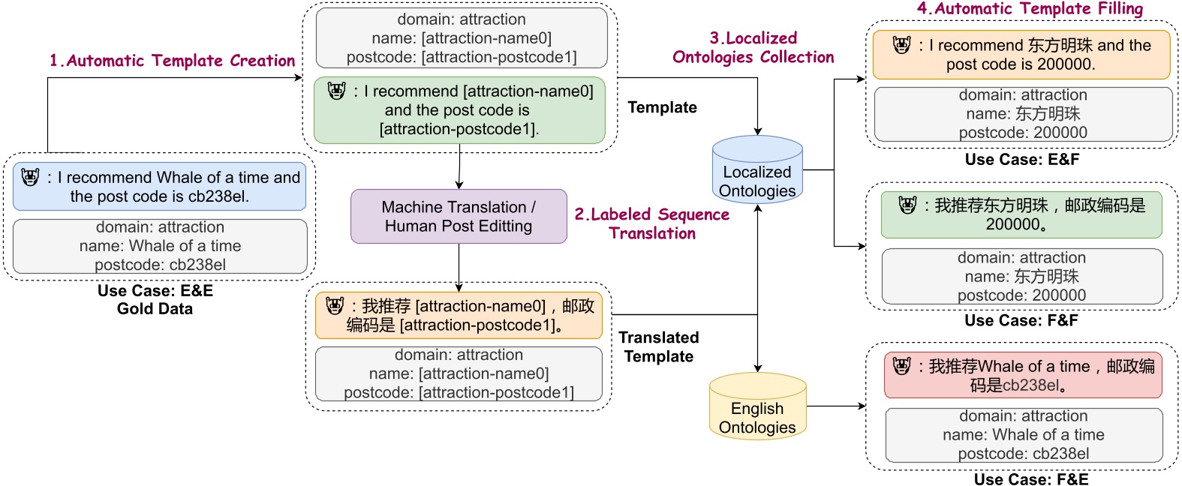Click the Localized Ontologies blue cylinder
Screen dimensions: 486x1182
(x=757, y=171)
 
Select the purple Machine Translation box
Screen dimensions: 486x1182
(x=459, y=216)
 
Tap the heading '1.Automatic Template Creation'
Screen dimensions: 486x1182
(x=172, y=61)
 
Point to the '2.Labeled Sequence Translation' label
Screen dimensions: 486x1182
(x=651, y=223)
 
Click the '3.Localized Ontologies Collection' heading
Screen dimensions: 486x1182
(x=753, y=47)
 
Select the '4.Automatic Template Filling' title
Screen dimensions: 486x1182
(x=1030, y=9)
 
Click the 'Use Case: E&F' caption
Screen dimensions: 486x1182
(x=1021, y=160)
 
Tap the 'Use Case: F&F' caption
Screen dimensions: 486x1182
(x=1021, y=320)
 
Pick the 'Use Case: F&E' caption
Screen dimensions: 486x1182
(x=1030, y=478)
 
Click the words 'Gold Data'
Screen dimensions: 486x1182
(x=155, y=309)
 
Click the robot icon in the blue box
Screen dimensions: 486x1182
(x=30, y=178)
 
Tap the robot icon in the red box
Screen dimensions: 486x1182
(x=901, y=366)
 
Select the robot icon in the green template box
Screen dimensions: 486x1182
(x=337, y=91)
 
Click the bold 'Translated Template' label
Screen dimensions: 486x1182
(x=659, y=346)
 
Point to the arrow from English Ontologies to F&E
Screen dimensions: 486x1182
(x=835, y=406)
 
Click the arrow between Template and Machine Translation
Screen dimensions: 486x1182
(x=459, y=168)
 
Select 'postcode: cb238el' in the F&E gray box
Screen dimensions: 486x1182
(x=1023, y=453)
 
